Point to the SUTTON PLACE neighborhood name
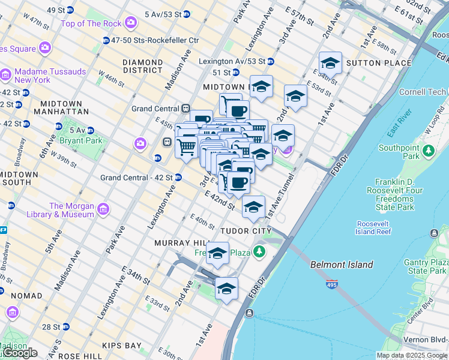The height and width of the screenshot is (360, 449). pyautogui.click(x=378, y=63)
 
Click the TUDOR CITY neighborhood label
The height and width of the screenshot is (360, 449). pyautogui.click(x=246, y=231)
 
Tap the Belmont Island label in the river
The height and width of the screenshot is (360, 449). pyautogui.click(x=342, y=265)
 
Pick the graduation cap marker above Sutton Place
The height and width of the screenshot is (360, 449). pyautogui.click(x=330, y=63)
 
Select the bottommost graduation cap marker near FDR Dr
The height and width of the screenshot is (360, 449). pyautogui.click(x=226, y=289)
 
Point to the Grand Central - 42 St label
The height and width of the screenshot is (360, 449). pyautogui.click(x=136, y=178)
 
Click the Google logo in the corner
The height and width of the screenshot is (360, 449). pyautogui.click(x=19, y=353)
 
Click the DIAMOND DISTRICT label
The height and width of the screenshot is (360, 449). pyautogui.click(x=142, y=66)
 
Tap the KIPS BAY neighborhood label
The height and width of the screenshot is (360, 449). pyautogui.click(x=122, y=346)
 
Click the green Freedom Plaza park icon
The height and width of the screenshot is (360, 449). pyautogui.click(x=259, y=251)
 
